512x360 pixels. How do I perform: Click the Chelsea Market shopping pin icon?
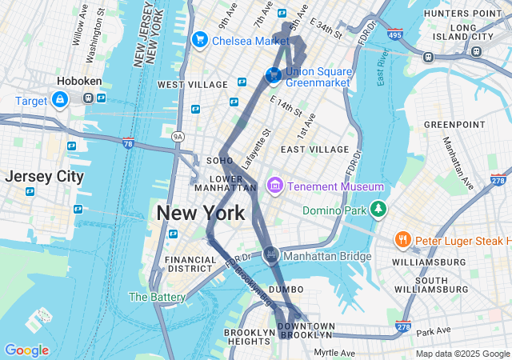click(199, 39)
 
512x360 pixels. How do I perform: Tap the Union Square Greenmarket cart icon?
click(274, 75)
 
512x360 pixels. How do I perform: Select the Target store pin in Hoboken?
click(59, 99)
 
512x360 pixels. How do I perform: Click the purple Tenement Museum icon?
click(275, 186)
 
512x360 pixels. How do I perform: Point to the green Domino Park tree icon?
click(378, 210)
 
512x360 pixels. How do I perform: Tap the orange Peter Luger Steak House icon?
click(403, 239)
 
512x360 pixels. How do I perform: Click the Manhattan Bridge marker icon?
click(271, 255)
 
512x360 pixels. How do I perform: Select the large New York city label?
click(200, 214)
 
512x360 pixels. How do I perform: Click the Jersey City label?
click(43, 177)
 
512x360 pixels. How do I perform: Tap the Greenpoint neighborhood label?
click(454, 125)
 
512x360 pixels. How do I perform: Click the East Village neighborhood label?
click(314, 150)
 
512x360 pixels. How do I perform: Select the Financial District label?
click(190, 264)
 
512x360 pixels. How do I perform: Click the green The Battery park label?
click(157, 297)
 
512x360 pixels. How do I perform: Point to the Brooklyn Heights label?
click(250, 337)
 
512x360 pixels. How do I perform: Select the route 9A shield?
click(178, 137)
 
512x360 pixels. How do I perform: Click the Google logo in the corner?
click(26, 350)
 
